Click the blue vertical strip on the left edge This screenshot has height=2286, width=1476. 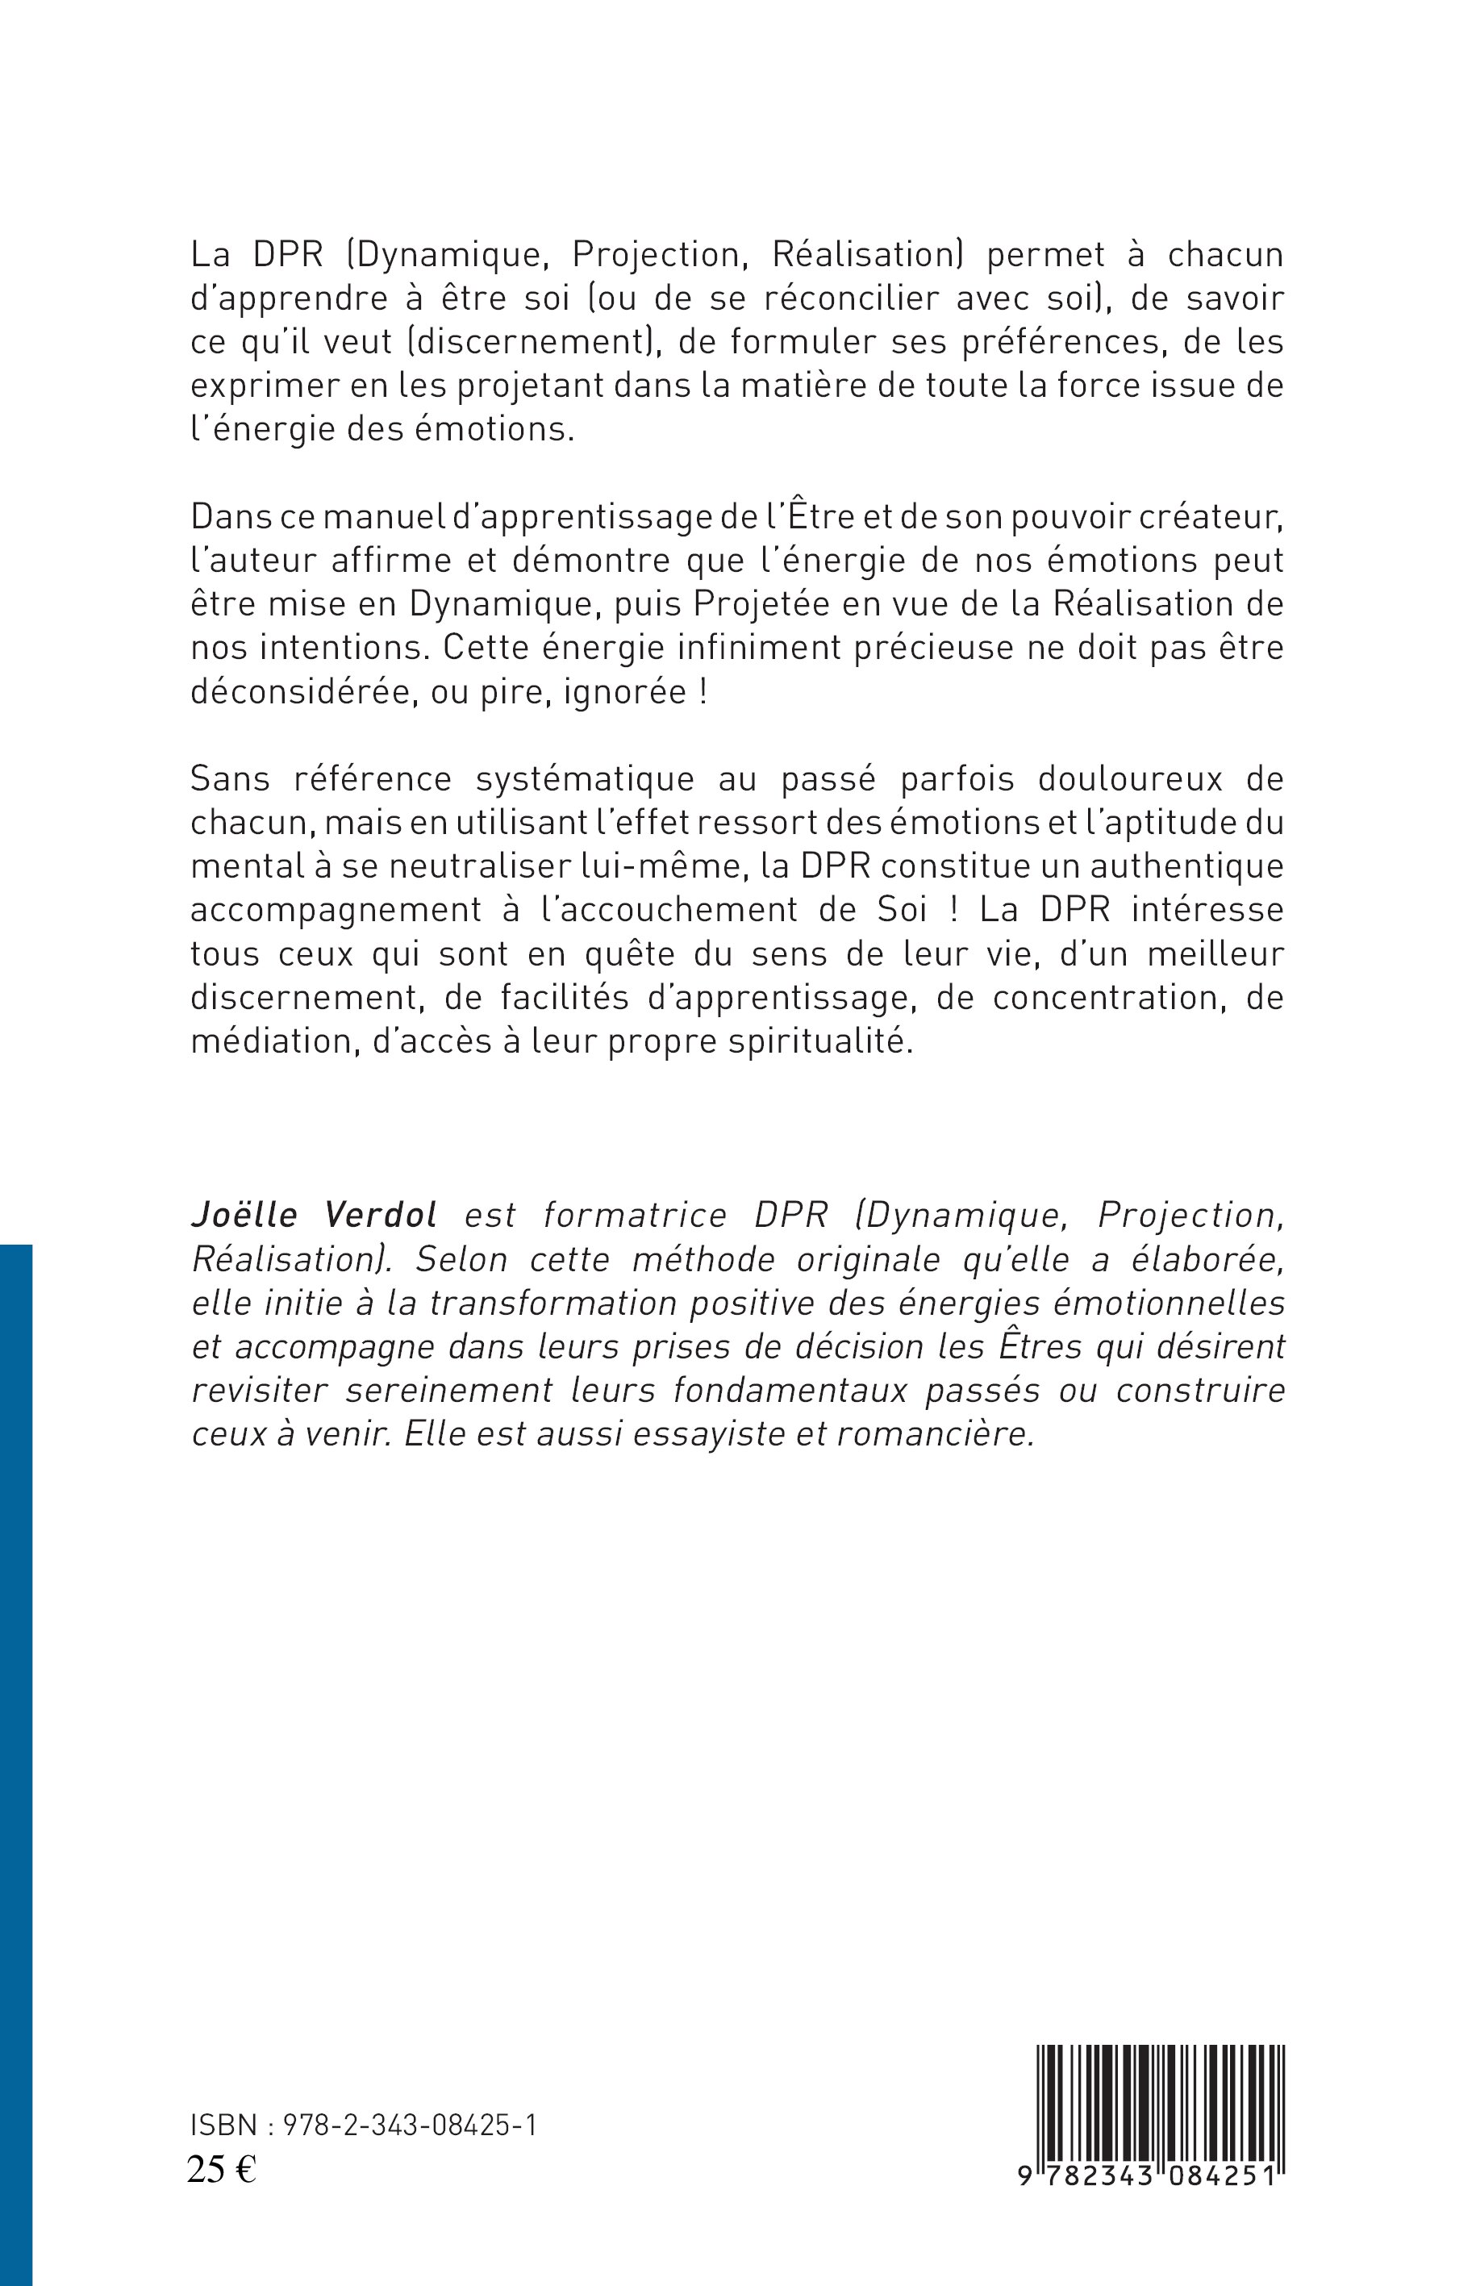15,1763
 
